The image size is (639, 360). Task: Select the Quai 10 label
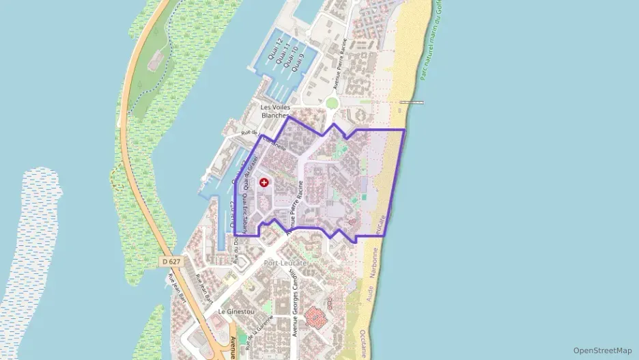pyautogui.click(x=293, y=57)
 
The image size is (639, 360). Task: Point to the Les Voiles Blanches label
pyautogui.click(x=276, y=111)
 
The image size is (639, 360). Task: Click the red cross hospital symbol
pyautogui.click(x=264, y=182)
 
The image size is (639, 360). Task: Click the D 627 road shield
pyautogui.click(x=172, y=262)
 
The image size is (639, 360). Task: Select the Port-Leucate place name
pyautogui.click(x=285, y=263)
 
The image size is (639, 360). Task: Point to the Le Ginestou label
pyautogui.click(x=231, y=311)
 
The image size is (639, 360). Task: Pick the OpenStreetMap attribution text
pyautogui.click(x=602, y=350)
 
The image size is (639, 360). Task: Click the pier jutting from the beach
pyautogui.click(x=411, y=102)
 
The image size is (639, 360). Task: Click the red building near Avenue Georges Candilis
pyautogui.click(x=316, y=316)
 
